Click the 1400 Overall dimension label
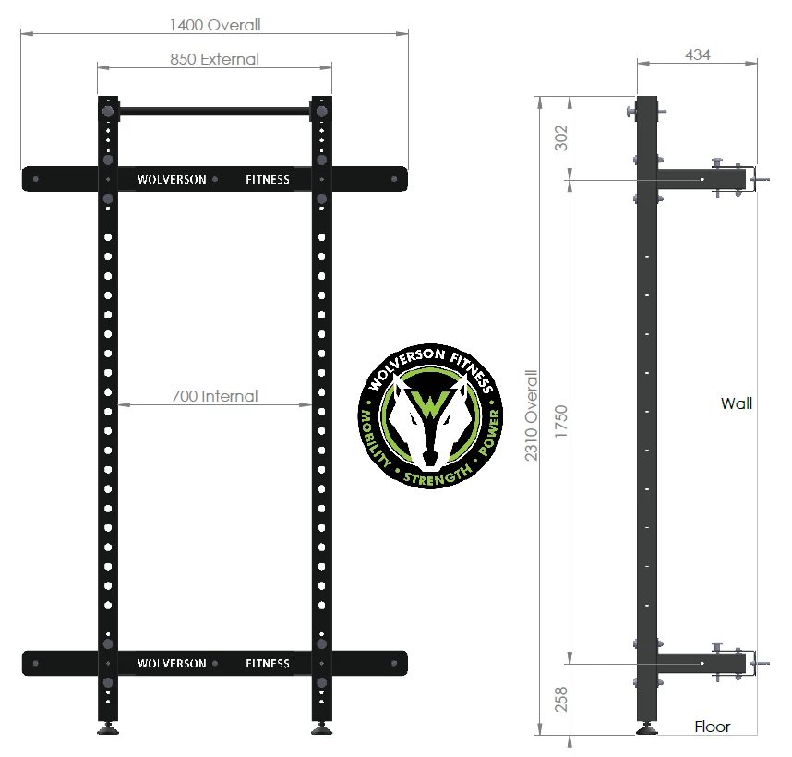coord(215,25)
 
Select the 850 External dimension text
coord(214,59)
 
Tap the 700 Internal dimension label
coord(214,397)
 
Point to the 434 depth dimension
coord(698,54)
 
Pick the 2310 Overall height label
coord(531,415)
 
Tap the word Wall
coord(737,403)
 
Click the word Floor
coord(712,727)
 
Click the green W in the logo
coord(429,405)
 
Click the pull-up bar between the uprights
coord(215,112)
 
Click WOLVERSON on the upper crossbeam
coord(172,180)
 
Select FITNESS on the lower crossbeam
coord(268,663)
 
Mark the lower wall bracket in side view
coord(702,661)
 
